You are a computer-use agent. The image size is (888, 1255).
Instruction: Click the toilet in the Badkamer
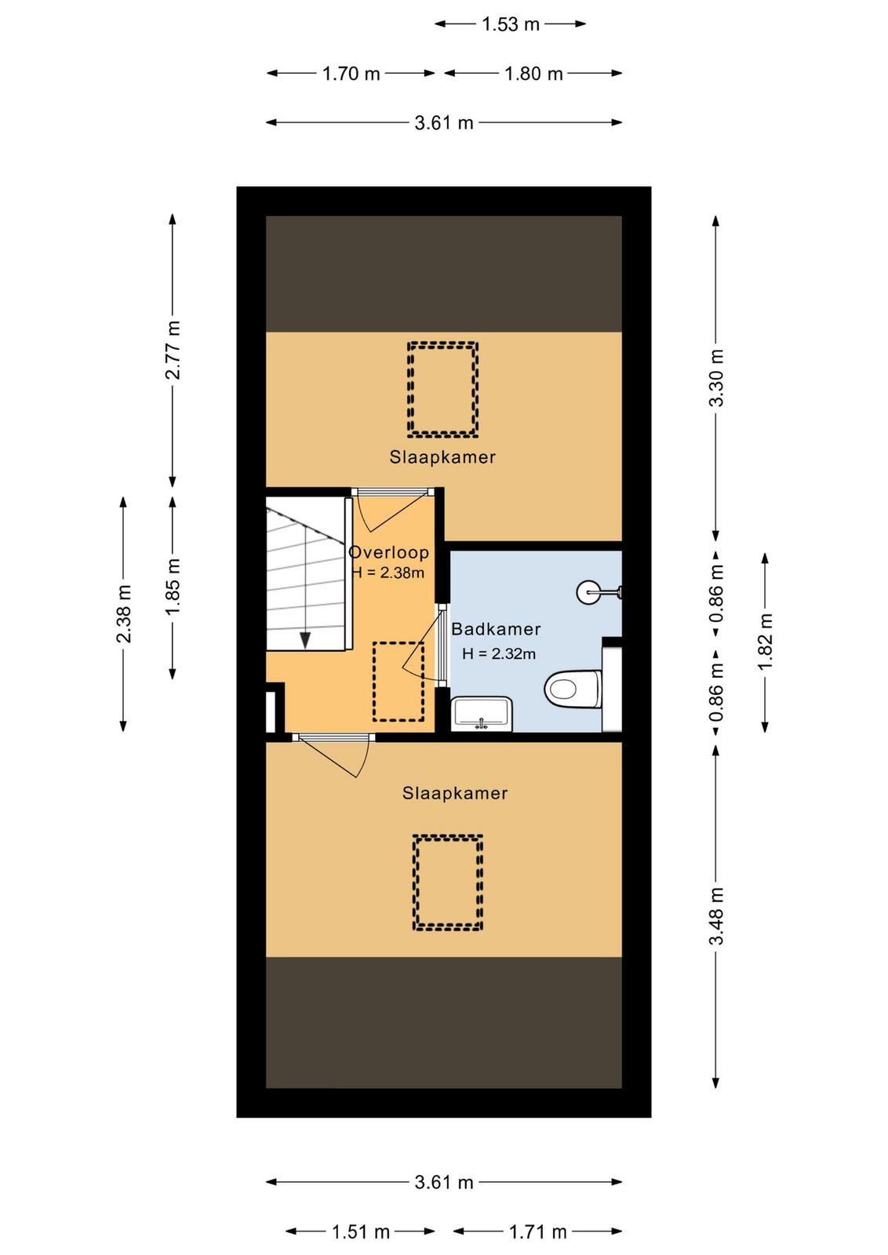[x=573, y=689]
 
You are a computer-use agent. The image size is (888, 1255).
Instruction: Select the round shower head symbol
[x=588, y=591]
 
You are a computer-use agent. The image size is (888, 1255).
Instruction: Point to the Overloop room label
[x=389, y=552]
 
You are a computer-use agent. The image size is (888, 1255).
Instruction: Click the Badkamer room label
[x=496, y=629]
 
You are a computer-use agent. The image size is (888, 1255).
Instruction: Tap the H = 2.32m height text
[x=499, y=653]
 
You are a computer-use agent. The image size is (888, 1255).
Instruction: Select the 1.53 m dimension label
[x=511, y=24]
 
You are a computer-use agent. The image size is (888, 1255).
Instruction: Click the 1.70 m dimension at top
[x=351, y=74]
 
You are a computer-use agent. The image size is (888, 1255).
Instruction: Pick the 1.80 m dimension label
[x=533, y=74]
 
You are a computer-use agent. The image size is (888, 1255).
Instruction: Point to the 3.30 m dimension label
[x=715, y=377]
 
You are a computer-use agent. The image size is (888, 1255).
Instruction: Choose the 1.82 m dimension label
[x=765, y=642]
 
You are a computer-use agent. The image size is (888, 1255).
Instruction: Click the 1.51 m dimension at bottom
[x=361, y=1231]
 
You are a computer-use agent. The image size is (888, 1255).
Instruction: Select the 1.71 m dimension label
[x=538, y=1231]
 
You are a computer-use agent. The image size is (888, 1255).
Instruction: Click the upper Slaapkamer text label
[x=442, y=457]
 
